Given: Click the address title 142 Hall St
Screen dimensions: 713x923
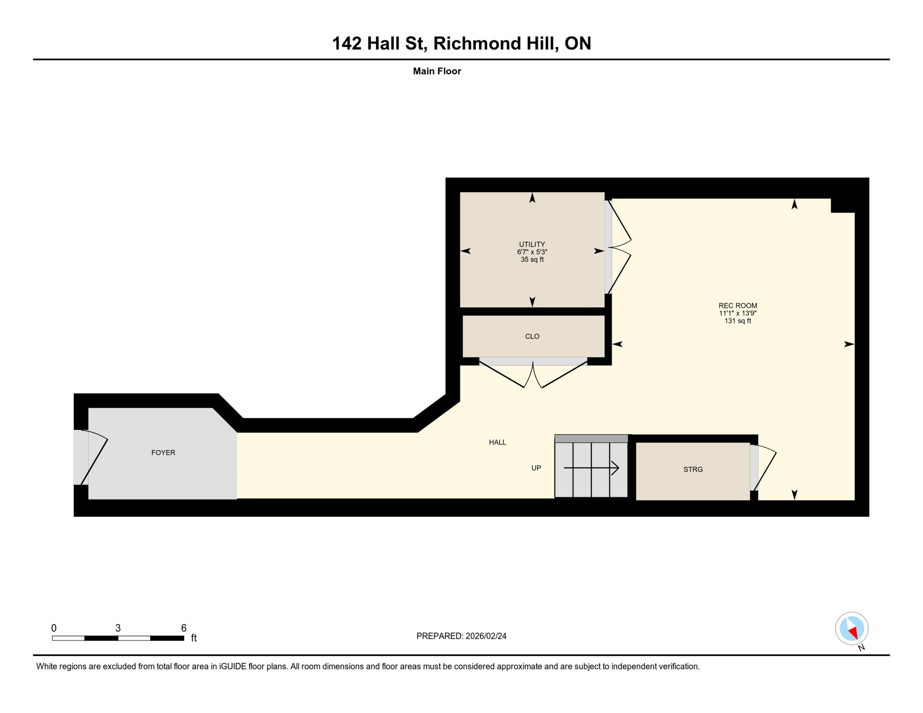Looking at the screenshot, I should pyautogui.click(x=461, y=43).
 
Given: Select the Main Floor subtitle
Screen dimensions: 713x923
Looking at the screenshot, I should pyautogui.click(x=436, y=71).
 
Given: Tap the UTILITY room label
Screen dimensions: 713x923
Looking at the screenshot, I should pyautogui.click(x=532, y=244).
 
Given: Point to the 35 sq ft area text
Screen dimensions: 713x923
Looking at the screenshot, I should pyautogui.click(x=532, y=259).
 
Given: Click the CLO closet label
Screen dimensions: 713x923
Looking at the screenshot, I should pyautogui.click(x=532, y=336).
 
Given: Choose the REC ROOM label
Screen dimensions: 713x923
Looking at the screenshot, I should pyautogui.click(x=737, y=305).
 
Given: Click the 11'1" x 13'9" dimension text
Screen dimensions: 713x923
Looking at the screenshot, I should pyautogui.click(x=737, y=313).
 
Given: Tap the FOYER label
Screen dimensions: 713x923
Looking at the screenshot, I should pyautogui.click(x=163, y=453).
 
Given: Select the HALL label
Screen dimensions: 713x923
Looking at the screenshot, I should pyautogui.click(x=497, y=442).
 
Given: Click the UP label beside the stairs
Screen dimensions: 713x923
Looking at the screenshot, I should pyautogui.click(x=536, y=468).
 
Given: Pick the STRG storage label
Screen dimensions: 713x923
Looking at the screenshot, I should pyautogui.click(x=693, y=469).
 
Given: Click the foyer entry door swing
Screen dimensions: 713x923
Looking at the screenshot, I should pyautogui.click(x=95, y=457).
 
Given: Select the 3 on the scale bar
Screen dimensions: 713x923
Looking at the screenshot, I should pyautogui.click(x=118, y=628).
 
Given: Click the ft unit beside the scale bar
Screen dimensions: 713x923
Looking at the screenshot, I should pyautogui.click(x=194, y=638).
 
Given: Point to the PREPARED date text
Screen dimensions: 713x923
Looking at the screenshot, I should pyautogui.click(x=461, y=636).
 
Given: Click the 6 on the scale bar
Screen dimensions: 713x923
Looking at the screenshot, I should pyautogui.click(x=183, y=628).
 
